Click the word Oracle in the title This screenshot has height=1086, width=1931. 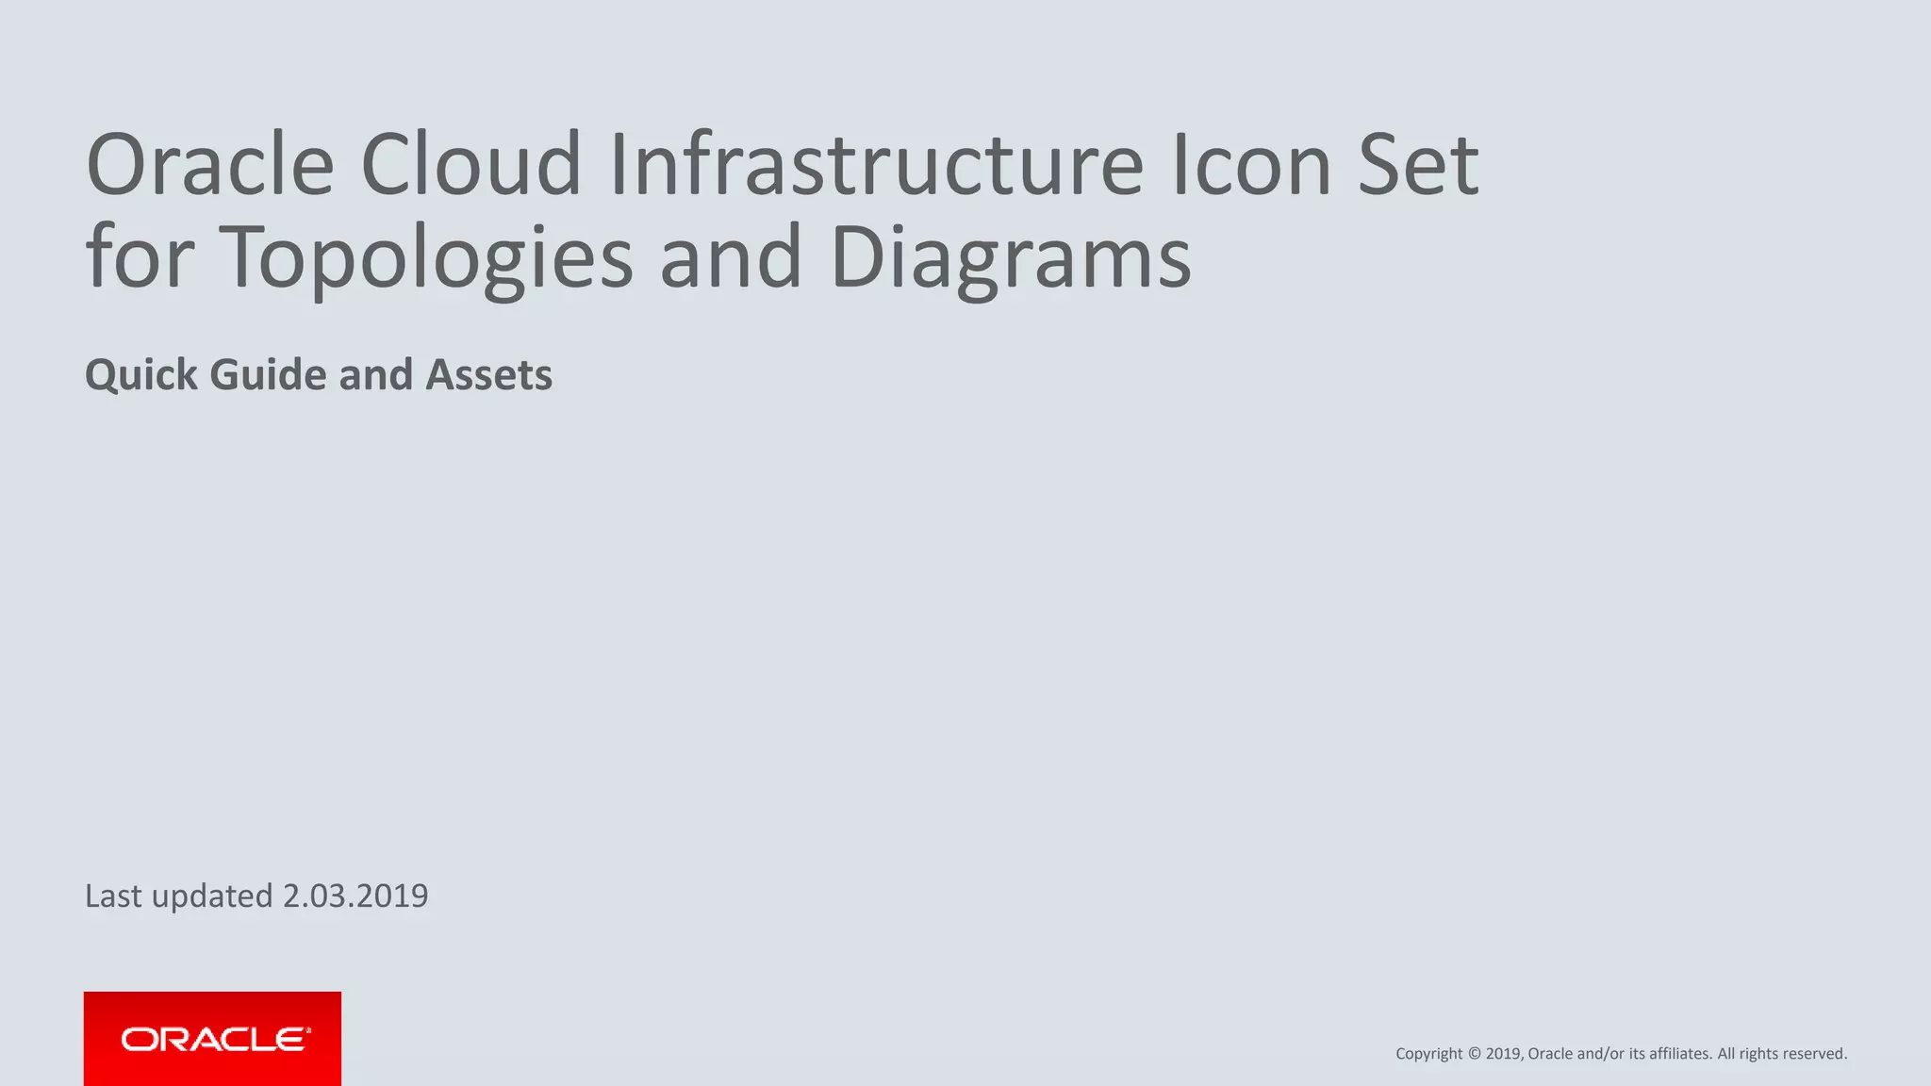(x=209, y=165)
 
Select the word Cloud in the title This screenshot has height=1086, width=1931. (x=470, y=165)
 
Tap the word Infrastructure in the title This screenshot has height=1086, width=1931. (x=876, y=165)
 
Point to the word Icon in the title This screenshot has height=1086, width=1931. (x=1250, y=165)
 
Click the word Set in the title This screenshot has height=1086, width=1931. (x=1418, y=165)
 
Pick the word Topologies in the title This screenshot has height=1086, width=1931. (x=425, y=257)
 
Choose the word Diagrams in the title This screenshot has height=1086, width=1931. (x=1011, y=257)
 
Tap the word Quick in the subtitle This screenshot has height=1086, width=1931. (x=140, y=375)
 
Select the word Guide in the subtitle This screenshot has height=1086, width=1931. (x=268, y=375)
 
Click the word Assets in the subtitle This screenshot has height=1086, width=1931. (x=488, y=375)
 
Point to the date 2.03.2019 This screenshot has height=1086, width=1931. (x=355, y=896)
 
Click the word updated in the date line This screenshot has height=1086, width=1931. (x=211, y=897)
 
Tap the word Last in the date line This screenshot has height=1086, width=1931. (x=113, y=896)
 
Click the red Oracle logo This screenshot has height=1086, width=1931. (x=212, y=1039)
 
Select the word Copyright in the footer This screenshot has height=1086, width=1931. (x=1428, y=1054)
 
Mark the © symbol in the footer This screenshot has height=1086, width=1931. (x=1475, y=1054)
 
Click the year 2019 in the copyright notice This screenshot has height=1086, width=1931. (x=1503, y=1054)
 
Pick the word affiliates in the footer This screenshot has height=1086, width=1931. (x=1679, y=1054)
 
